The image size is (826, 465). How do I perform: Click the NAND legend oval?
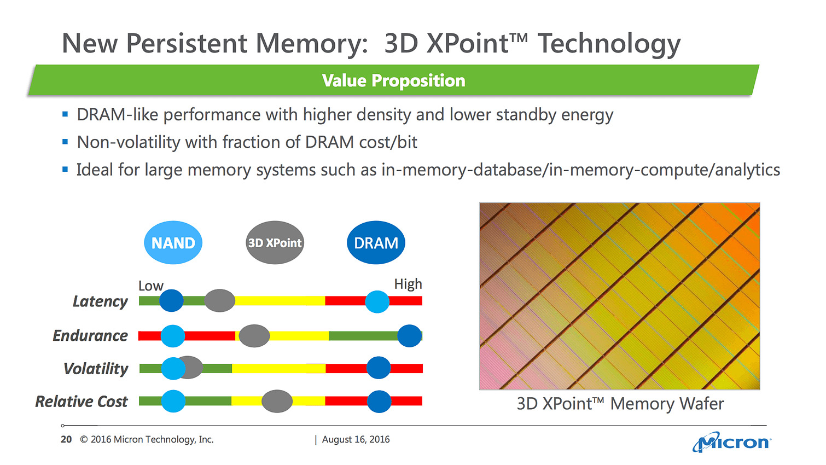(x=173, y=243)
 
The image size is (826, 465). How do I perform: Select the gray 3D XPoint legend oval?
(x=275, y=243)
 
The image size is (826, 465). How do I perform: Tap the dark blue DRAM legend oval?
(x=376, y=243)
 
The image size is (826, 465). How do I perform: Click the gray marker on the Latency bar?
(x=219, y=300)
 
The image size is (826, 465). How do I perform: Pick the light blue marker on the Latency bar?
(x=377, y=301)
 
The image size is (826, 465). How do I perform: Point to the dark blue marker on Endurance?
(x=409, y=335)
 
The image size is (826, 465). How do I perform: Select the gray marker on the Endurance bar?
(x=254, y=335)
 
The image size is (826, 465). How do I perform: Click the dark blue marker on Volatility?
(x=378, y=368)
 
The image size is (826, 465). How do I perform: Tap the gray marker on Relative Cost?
(x=277, y=401)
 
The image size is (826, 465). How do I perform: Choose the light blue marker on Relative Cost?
(x=173, y=401)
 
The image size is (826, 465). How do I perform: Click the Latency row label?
(x=100, y=301)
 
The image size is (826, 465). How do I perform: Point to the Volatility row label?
(x=96, y=369)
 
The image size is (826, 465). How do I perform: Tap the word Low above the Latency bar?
(x=150, y=286)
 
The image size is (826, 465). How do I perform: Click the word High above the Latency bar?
(x=408, y=284)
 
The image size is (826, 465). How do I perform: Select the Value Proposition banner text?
(x=393, y=80)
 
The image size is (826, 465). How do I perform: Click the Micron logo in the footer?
(x=731, y=442)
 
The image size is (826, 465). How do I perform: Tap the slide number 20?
(x=66, y=439)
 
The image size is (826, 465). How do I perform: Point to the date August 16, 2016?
(x=356, y=439)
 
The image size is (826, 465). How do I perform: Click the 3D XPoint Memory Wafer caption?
(x=620, y=404)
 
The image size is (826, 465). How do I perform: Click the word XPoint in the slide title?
(x=468, y=43)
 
